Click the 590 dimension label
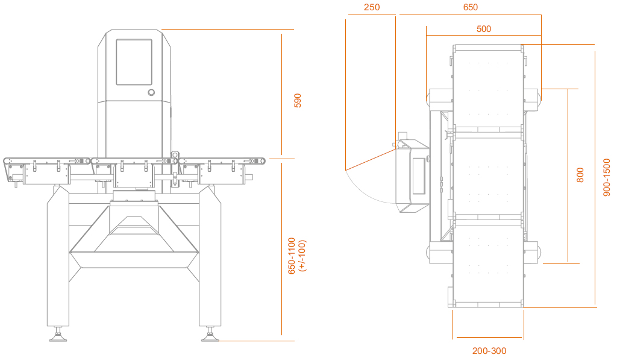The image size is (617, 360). pyautogui.click(x=298, y=101)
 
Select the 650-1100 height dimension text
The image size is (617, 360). pyautogui.click(x=292, y=256)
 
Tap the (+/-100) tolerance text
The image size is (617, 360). pyautogui.click(x=302, y=256)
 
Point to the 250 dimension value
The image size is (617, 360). pyautogui.click(x=372, y=7)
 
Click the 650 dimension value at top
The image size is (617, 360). pyautogui.click(x=470, y=7)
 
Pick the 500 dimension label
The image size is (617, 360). pyautogui.click(x=484, y=29)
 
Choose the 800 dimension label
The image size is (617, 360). pyautogui.click(x=580, y=175)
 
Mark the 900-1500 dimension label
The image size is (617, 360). pyautogui.click(x=607, y=177)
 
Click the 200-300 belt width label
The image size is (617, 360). pyautogui.click(x=489, y=350)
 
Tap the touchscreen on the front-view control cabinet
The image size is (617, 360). pyautogui.click(x=134, y=62)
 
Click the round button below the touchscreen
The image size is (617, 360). pyautogui.click(x=151, y=92)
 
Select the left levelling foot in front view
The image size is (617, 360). pyautogui.click(x=58, y=335)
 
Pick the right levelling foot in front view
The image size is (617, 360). pyautogui.click(x=210, y=335)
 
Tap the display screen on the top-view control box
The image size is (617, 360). pyautogui.click(x=418, y=176)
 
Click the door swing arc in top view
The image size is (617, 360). pyautogui.click(x=364, y=192)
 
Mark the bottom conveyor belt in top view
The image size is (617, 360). pyautogui.click(x=488, y=264)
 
